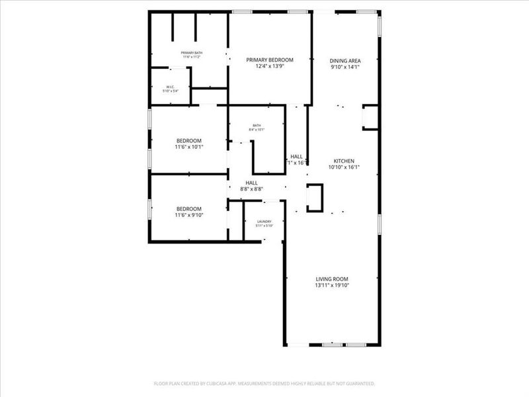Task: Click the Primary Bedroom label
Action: (269, 60)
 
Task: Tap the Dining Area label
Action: (345, 60)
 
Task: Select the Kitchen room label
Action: (344, 161)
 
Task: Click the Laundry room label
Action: (264, 221)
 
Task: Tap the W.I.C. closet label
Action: (170, 86)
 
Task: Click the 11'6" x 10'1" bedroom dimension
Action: (189, 147)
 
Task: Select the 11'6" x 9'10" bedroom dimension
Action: (189, 215)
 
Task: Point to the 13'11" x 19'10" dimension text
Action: (331, 286)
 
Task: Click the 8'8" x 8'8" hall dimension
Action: (252, 189)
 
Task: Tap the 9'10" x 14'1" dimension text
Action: (345, 67)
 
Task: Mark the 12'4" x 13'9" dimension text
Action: (269, 66)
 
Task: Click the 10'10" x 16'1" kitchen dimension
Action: (344, 167)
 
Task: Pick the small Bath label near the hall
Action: (257, 125)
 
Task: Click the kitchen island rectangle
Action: (314, 197)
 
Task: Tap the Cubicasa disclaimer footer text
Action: (264, 383)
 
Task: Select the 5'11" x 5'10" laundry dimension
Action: (264, 226)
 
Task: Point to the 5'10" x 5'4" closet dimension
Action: (170, 91)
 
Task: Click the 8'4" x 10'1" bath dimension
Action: (257, 130)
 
